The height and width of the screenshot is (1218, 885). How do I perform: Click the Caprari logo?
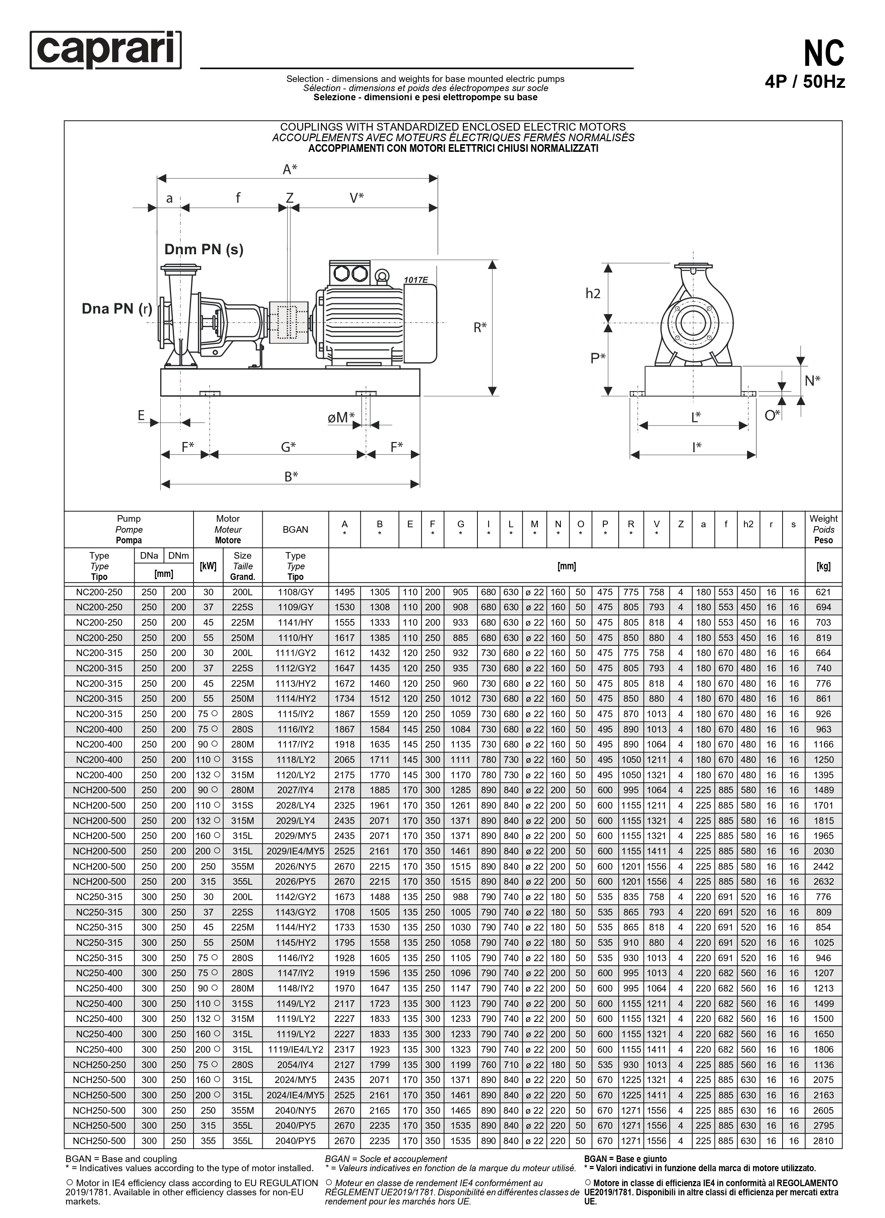tap(106, 50)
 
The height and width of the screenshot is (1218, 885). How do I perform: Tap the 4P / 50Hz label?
tap(805, 82)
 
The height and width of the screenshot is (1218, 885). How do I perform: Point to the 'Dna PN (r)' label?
tap(117, 309)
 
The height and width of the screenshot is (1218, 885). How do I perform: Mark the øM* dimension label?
tap(342, 417)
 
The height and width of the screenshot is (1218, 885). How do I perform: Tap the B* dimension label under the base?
tap(291, 476)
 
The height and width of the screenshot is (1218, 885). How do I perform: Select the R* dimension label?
tap(480, 327)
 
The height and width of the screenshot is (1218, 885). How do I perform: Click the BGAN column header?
tap(295, 529)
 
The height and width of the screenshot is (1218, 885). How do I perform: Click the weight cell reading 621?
tap(823, 592)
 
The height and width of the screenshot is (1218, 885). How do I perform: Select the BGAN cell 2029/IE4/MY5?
tap(295, 851)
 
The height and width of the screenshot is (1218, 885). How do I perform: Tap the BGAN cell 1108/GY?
tap(295, 592)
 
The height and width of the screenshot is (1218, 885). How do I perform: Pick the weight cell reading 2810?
tap(823, 1141)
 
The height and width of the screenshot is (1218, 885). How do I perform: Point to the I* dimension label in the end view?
tap(697, 447)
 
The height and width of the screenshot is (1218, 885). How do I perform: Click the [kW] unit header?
tap(208, 566)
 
